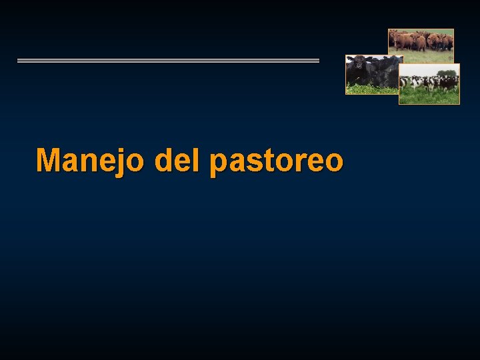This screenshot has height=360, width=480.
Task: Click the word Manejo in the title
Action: pos(89,161)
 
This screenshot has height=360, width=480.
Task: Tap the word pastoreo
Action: pos(276,161)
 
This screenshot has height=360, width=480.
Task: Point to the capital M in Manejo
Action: pos(49,160)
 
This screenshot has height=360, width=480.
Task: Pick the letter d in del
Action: pos(164,160)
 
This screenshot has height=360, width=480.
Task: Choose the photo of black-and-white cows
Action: pos(429,85)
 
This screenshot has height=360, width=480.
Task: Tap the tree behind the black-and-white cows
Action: pos(447,73)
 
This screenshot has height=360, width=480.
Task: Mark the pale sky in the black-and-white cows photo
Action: pos(417,69)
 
